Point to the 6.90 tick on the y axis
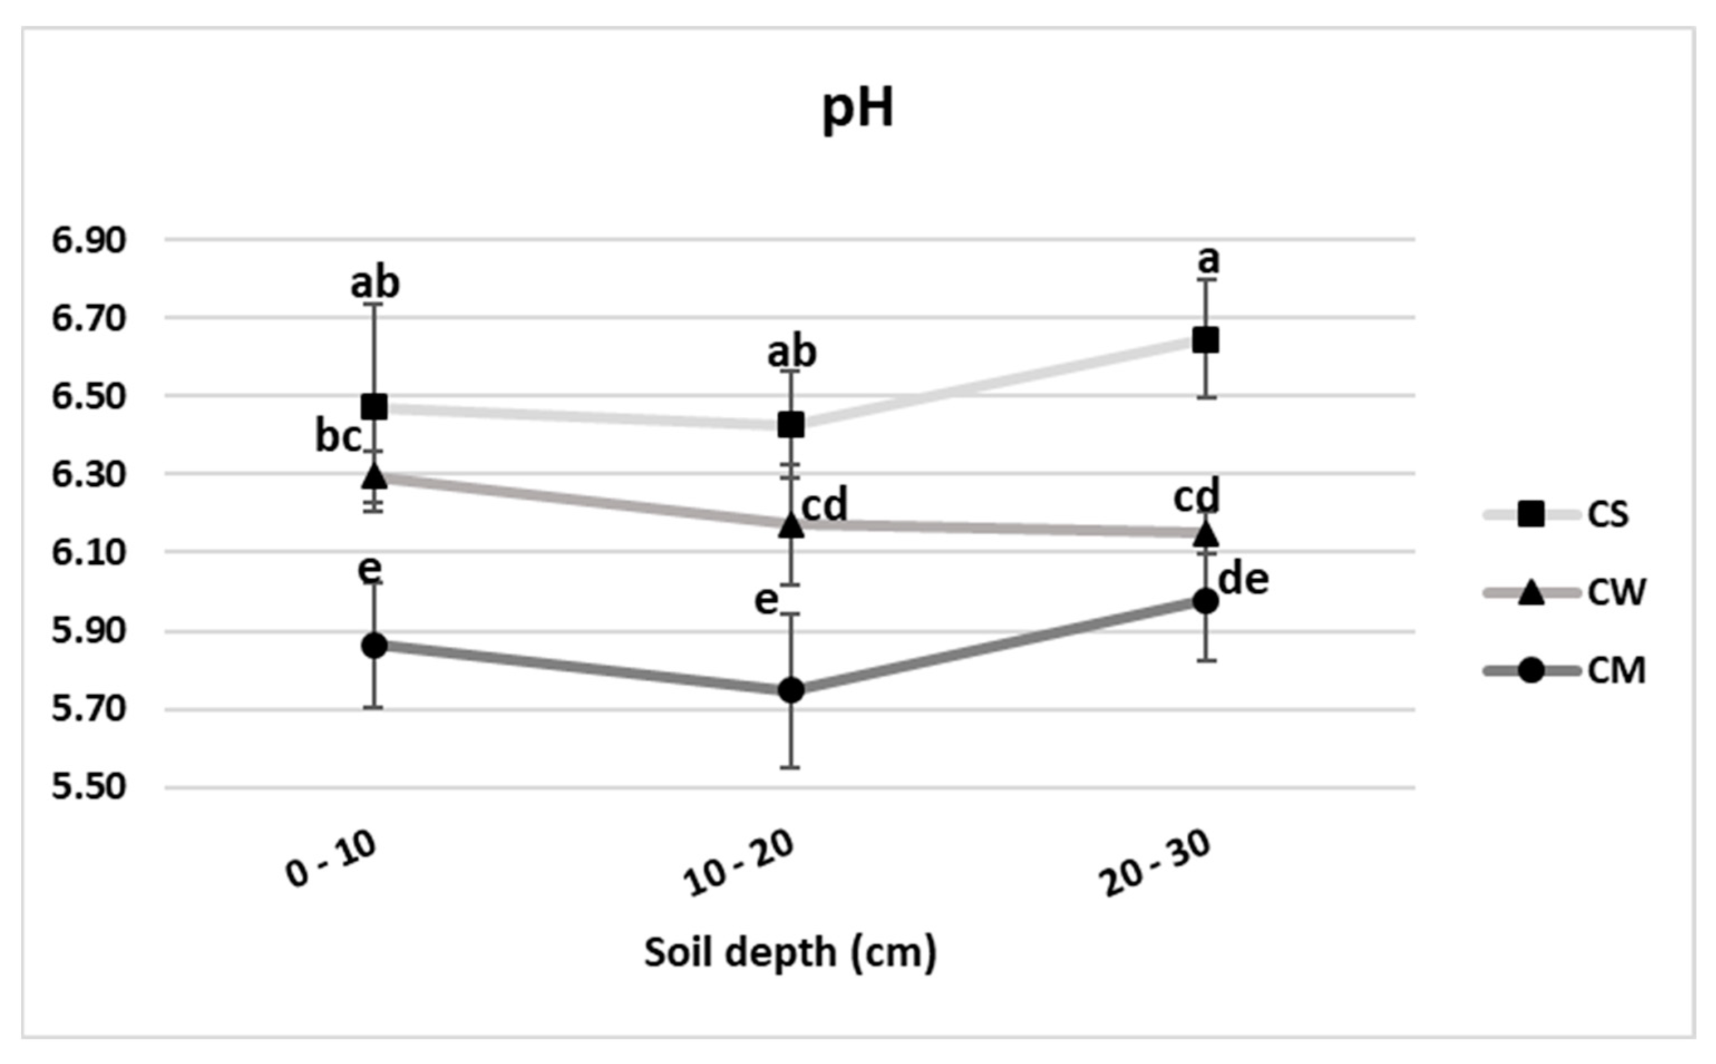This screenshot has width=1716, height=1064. tap(89, 241)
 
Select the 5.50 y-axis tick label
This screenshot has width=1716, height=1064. tap(89, 787)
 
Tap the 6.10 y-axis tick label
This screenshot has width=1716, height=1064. tap(89, 553)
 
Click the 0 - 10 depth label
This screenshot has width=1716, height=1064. tap(331, 860)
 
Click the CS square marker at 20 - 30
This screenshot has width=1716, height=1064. tap(1205, 340)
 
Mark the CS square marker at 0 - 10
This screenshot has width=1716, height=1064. tap(374, 406)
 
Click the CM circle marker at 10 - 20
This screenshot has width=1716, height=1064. tap(791, 690)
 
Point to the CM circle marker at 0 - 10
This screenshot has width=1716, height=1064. tap(374, 645)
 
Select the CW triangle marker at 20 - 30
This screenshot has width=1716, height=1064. tap(1205, 534)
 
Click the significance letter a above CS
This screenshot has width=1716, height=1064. tap(1207, 260)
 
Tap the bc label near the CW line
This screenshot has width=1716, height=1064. tap(338, 437)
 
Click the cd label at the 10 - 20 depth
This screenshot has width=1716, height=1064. tap(825, 505)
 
